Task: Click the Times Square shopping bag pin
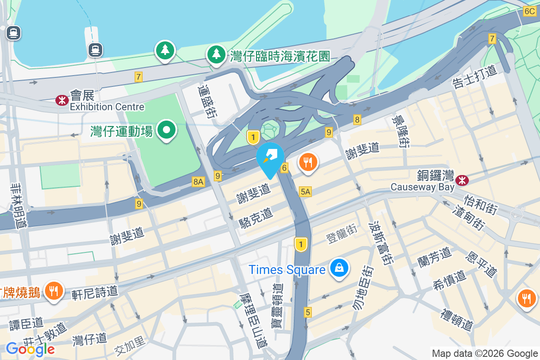(x=340, y=268)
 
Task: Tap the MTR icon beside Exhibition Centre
(x=60, y=100)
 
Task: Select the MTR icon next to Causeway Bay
(x=461, y=180)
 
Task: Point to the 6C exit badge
(x=529, y=12)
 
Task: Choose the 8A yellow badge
(x=198, y=181)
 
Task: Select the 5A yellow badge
(x=305, y=192)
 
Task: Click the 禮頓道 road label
(x=457, y=319)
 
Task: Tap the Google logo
(x=30, y=349)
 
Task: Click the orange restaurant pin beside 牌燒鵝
(x=54, y=291)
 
